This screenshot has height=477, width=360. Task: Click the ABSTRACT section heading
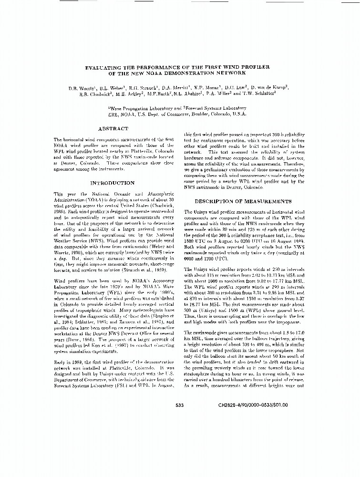[113, 129]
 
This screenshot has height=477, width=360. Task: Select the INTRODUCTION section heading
[113, 183]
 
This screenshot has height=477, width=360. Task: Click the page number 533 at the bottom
[180, 405]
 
